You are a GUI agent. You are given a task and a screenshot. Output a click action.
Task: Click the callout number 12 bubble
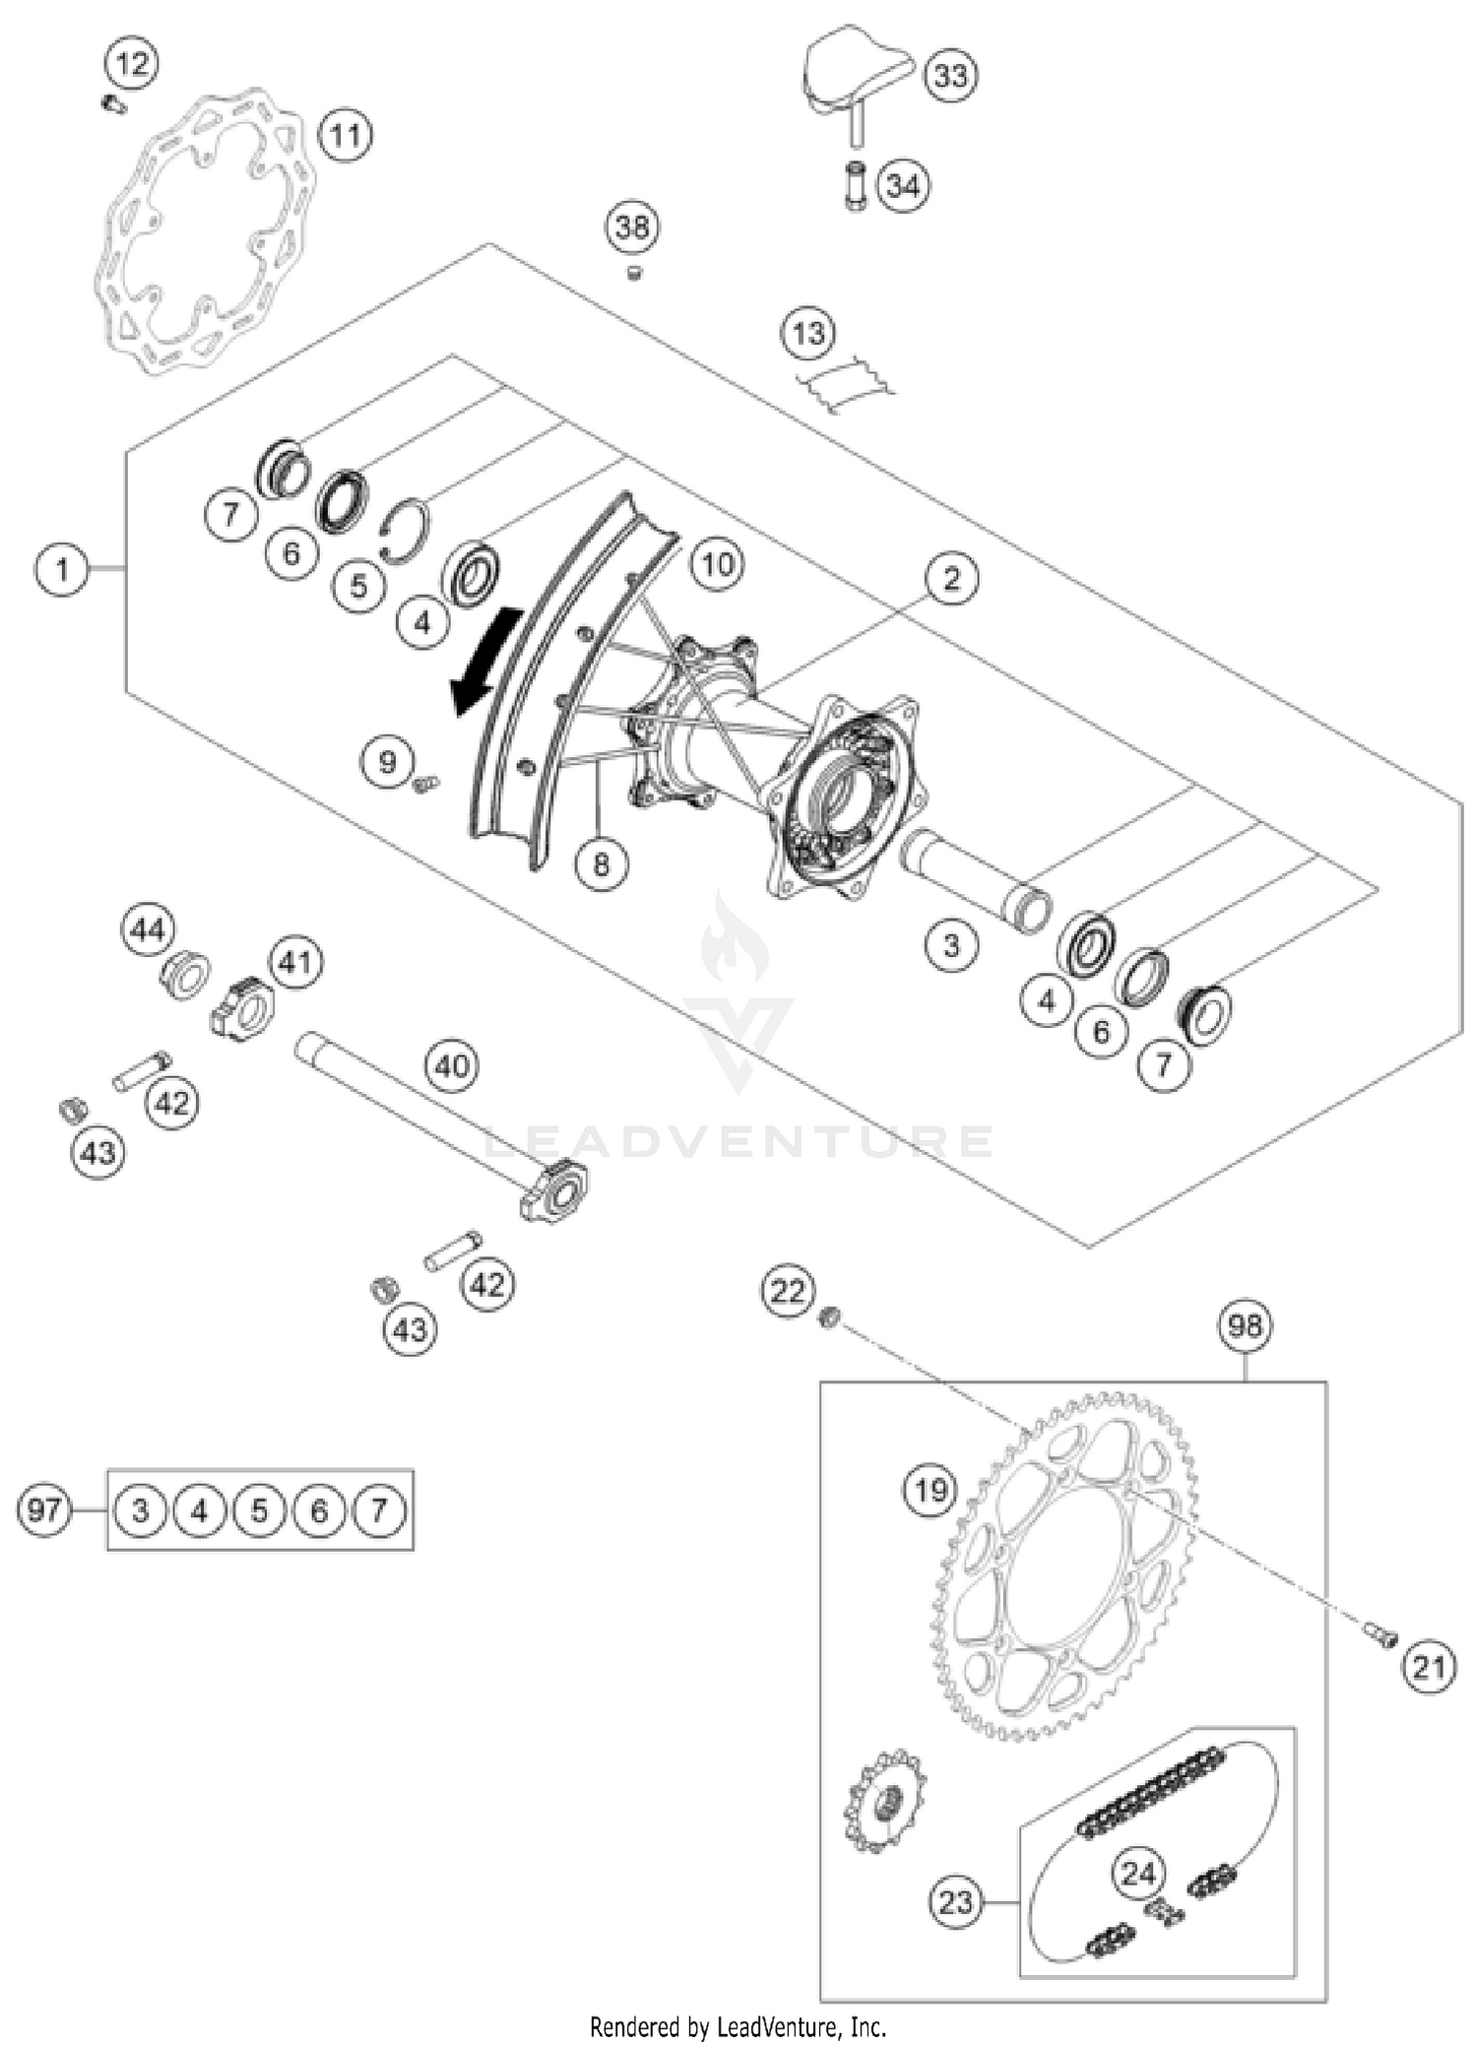133,65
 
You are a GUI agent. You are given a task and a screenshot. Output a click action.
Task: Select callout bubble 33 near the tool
950,76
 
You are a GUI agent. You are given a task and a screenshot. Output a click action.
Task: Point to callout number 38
631,227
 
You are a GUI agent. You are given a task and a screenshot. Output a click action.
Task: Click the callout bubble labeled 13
808,334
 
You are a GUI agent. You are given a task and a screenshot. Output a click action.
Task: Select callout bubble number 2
950,579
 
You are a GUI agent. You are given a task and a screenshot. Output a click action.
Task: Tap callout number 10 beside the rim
717,564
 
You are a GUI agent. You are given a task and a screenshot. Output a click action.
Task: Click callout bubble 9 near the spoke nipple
387,761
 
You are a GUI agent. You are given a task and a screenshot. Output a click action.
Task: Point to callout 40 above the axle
452,1065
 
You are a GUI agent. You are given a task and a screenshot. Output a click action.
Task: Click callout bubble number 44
148,929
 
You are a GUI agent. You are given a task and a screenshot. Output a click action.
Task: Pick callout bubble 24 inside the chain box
1137,1872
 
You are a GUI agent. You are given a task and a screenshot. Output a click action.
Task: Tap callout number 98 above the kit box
1245,1326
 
